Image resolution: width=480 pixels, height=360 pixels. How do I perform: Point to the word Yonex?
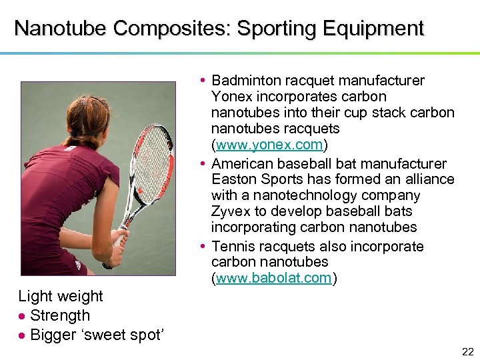(x=231, y=97)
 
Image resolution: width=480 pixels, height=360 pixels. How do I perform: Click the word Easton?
(x=233, y=179)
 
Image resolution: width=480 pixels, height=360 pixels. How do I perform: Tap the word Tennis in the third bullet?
(x=233, y=246)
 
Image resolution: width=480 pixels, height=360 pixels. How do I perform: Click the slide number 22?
(x=467, y=351)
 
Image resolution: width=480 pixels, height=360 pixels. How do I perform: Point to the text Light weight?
(x=61, y=296)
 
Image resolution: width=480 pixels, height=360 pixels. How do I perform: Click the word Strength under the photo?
(x=60, y=315)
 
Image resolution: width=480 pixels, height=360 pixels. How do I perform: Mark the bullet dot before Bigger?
(x=22, y=335)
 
